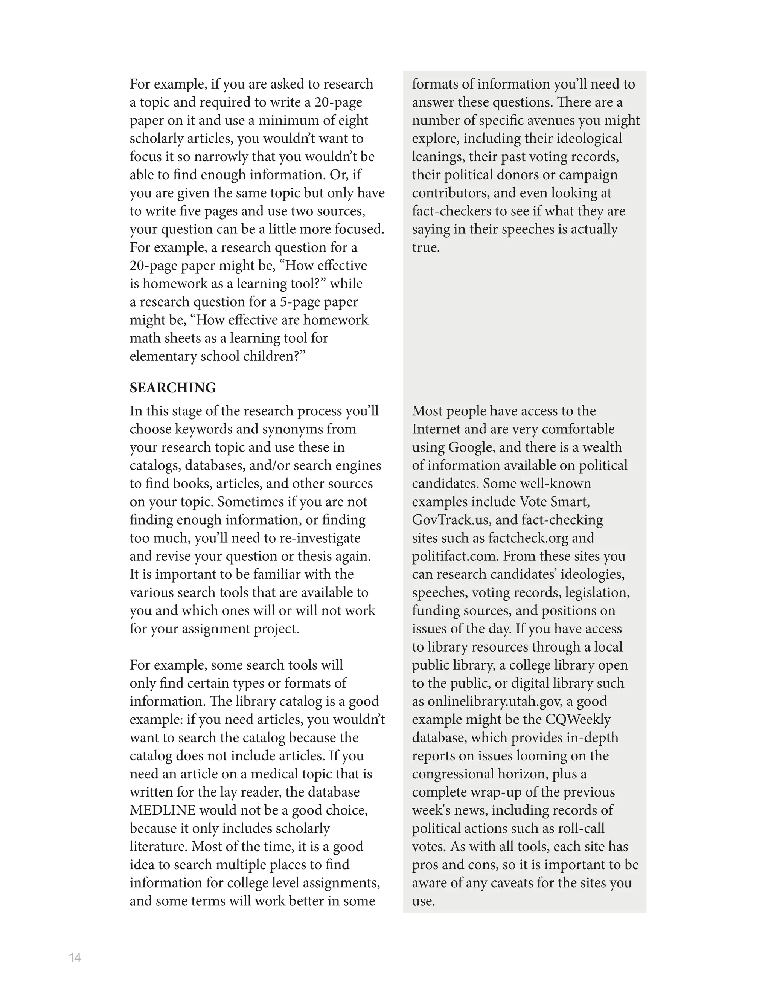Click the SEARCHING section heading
[173, 388]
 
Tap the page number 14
[75, 958]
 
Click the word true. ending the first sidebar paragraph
[426, 248]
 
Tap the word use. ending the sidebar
[423, 901]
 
